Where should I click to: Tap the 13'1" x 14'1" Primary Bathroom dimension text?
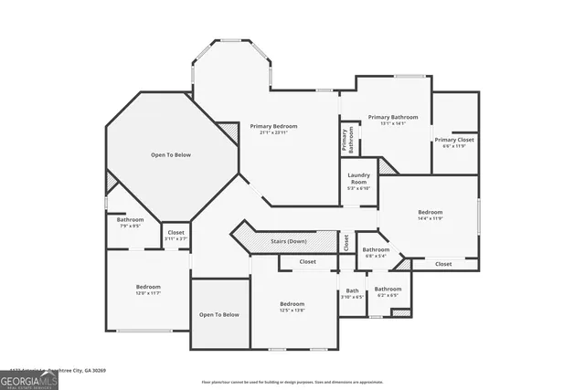(393, 124)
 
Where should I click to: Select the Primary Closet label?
(455, 140)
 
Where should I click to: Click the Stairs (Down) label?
(289, 241)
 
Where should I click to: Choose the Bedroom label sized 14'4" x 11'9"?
(430, 212)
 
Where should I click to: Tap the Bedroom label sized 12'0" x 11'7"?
(148, 286)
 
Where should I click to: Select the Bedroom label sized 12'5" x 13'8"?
(292, 303)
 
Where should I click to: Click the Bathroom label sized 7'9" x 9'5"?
(130, 219)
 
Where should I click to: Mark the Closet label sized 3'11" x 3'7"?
(175, 232)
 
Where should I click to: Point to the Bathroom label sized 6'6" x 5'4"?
(375, 249)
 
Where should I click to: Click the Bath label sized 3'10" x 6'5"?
(352, 290)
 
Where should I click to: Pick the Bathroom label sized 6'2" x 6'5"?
(388, 289)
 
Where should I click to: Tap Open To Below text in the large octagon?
(171, 155)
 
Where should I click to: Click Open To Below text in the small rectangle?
(219, 314)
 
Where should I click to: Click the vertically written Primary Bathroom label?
(348, 140)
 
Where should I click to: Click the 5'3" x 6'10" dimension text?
(358, 188)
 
